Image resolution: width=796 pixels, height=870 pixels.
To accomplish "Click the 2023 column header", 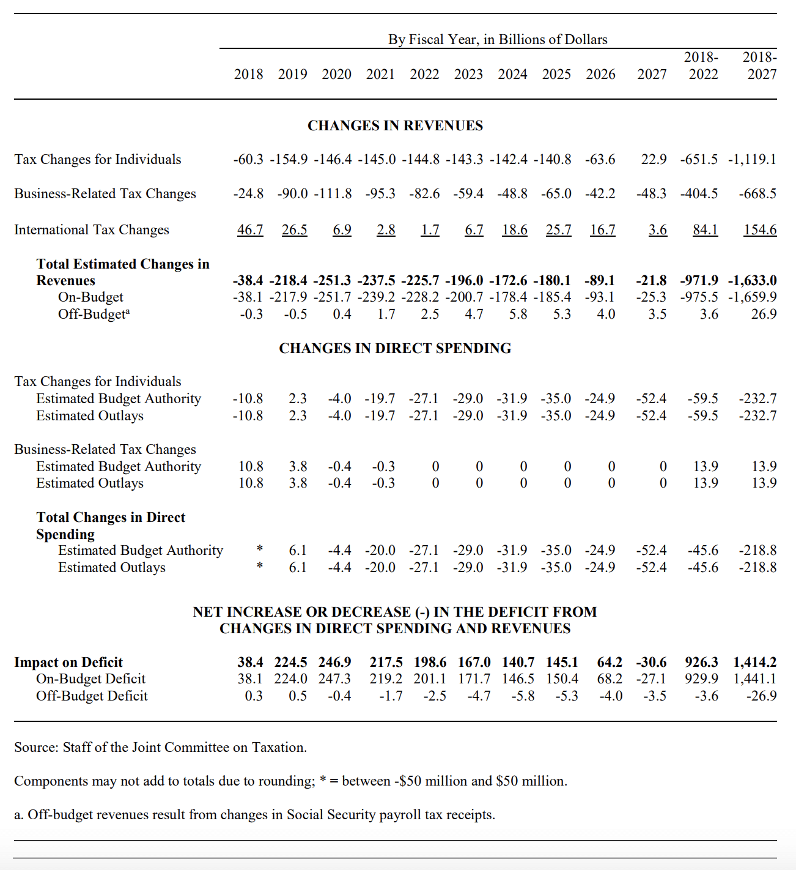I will click(x=468, y=74).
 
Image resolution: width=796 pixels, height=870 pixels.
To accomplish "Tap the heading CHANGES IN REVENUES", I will click(x=395, y=125).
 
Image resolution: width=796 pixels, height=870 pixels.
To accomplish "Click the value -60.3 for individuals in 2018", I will click(x=248, y=160).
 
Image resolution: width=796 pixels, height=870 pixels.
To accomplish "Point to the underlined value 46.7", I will click(x=250, y=230).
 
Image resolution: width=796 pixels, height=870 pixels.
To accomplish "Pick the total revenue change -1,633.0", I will click(x=753, y=281).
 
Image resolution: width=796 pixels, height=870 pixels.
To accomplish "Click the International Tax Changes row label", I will click(x=92, y=230).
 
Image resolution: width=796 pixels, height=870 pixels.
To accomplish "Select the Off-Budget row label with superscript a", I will click(x=94, y=314).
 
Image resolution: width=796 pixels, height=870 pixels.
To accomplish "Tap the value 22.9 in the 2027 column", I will click(x=654, y=160).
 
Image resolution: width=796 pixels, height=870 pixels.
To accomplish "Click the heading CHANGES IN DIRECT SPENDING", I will click(x=395, y=348).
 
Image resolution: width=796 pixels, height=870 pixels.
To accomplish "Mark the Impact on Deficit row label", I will click(x=68, y=662).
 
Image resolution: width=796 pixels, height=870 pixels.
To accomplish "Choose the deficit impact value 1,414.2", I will click(x=755, y=662).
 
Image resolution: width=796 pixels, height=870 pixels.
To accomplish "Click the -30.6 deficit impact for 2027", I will click(x=651, y=662).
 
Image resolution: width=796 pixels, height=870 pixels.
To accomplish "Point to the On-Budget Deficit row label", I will click(x=90, y=679).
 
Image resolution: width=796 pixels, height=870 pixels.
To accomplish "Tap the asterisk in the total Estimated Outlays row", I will click(x=260, y=566).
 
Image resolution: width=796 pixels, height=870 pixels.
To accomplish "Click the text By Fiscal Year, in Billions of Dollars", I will click(x=498, y=40).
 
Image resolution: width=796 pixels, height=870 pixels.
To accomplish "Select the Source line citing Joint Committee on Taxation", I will click(x=160, y=747).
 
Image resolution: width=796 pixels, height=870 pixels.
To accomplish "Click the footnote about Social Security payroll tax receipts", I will click(x=254, y=815).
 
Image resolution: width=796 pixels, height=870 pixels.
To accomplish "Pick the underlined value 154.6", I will click(x=760, y=230).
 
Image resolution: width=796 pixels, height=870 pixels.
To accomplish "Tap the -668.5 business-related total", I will click(x=757, y=194).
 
